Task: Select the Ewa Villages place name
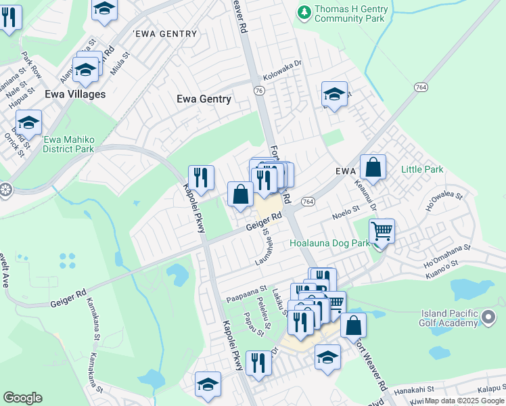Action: [75, 94]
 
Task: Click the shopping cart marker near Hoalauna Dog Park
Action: [382, 232]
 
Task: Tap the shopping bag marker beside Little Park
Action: [373, 167]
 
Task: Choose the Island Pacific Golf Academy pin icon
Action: [489, 315]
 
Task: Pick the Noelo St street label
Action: [345, 212]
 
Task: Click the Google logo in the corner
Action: [22, 398]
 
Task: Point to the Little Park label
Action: [422, 169]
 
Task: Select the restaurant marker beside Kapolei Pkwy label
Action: [201, 179]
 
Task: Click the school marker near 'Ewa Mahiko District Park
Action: [28, 123]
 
